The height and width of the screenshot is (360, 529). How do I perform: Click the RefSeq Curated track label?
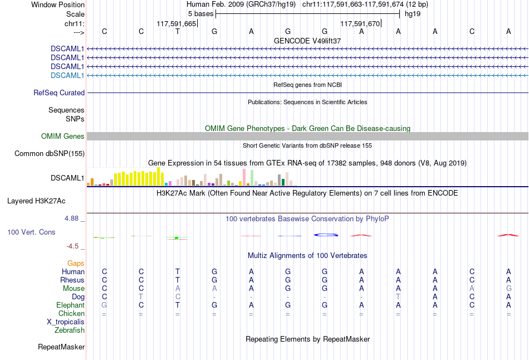59,93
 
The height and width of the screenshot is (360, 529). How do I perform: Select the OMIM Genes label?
63,137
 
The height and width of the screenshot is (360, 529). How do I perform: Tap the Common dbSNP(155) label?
50,153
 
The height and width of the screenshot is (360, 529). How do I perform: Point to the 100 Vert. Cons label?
31,232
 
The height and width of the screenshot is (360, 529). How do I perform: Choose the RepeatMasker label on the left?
61,347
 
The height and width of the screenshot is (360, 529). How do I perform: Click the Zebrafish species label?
70,330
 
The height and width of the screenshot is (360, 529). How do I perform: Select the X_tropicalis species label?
66,322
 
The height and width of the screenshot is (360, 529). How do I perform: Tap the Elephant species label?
70,305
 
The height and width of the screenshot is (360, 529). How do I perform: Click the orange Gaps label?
76,263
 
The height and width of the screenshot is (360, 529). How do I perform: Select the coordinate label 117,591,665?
177,24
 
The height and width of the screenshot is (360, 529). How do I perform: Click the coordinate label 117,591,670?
360,24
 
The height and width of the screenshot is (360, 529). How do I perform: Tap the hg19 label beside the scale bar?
413,13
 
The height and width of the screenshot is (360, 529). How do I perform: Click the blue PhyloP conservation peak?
326,235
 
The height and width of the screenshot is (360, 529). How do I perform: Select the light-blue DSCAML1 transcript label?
67,75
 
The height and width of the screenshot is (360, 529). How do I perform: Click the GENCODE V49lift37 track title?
307,41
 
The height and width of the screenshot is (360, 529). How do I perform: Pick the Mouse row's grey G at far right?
508,289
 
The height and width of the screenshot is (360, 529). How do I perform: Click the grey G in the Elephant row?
104,305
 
